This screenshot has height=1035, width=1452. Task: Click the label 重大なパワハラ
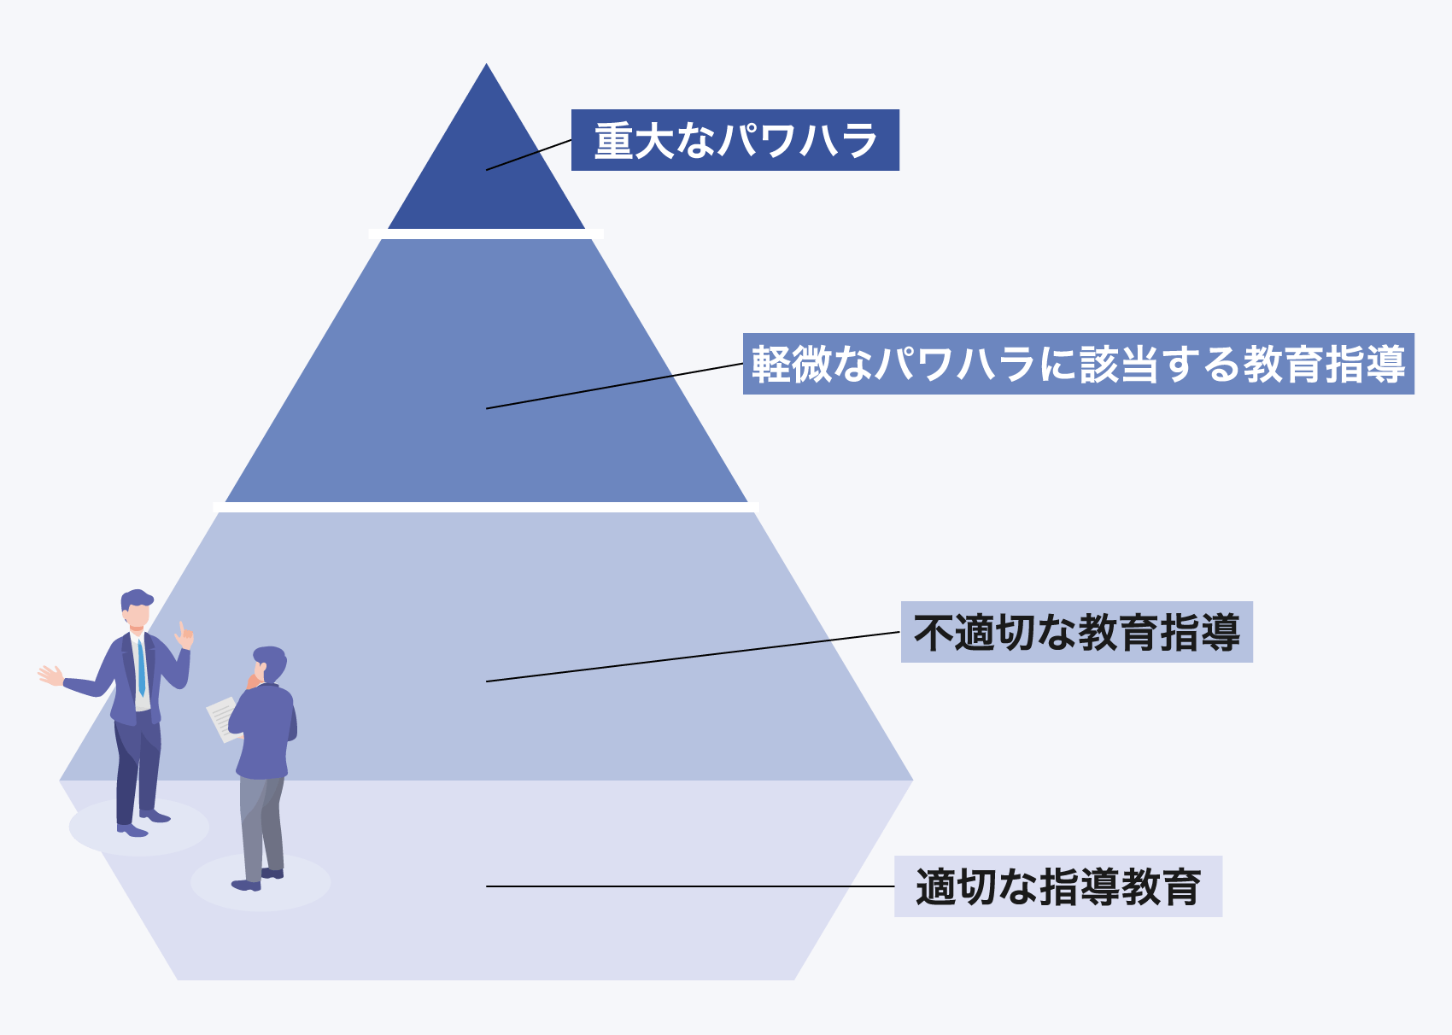pos(735,140)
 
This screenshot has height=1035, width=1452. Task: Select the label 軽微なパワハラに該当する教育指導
pos(1078,364)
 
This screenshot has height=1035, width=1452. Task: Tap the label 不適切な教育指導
pos(1076,632)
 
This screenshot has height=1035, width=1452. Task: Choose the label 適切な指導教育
pos(1057,886)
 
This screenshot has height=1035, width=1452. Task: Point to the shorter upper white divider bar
pos(485,234)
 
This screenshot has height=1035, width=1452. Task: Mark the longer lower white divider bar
pos(485,507)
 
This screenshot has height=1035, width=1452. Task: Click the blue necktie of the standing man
pos(141,666)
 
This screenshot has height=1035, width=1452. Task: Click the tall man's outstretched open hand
pos(50,675)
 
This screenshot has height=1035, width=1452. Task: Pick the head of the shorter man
pos(269,664)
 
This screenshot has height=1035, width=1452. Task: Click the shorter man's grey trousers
pos(261,824)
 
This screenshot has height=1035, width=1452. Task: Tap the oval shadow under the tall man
pos(138,828)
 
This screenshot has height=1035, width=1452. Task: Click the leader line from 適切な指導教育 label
pos(683,886)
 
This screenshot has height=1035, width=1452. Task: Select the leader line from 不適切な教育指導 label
pos(683,658)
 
